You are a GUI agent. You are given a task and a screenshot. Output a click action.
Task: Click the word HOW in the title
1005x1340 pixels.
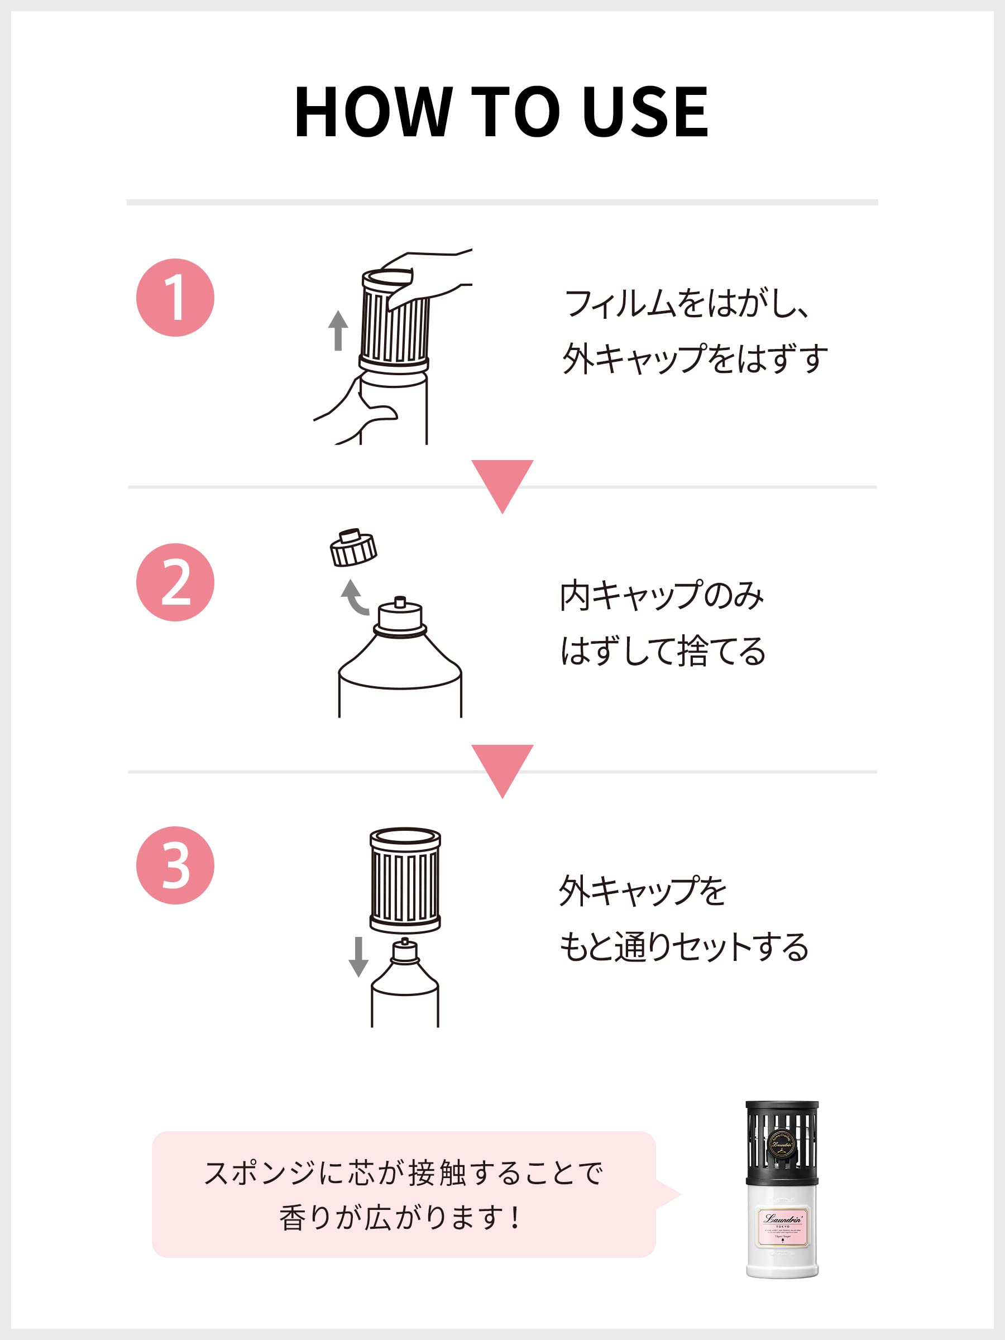372,112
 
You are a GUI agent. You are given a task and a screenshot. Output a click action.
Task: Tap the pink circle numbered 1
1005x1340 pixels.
175,298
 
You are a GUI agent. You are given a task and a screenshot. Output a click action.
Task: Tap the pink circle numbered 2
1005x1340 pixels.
175,582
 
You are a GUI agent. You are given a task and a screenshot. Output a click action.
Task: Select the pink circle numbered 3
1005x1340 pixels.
175,865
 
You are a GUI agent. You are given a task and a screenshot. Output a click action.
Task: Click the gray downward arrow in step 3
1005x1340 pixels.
358,956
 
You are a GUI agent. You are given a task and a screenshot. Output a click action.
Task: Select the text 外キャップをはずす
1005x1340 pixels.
695,358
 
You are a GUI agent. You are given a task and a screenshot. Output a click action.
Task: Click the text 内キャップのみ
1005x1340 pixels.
662,596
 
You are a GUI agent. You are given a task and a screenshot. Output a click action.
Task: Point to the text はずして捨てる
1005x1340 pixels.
663,651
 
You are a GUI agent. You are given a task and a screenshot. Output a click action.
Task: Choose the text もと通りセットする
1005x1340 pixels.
683,946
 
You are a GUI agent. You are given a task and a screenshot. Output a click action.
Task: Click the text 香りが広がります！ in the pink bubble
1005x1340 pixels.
400,1218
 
